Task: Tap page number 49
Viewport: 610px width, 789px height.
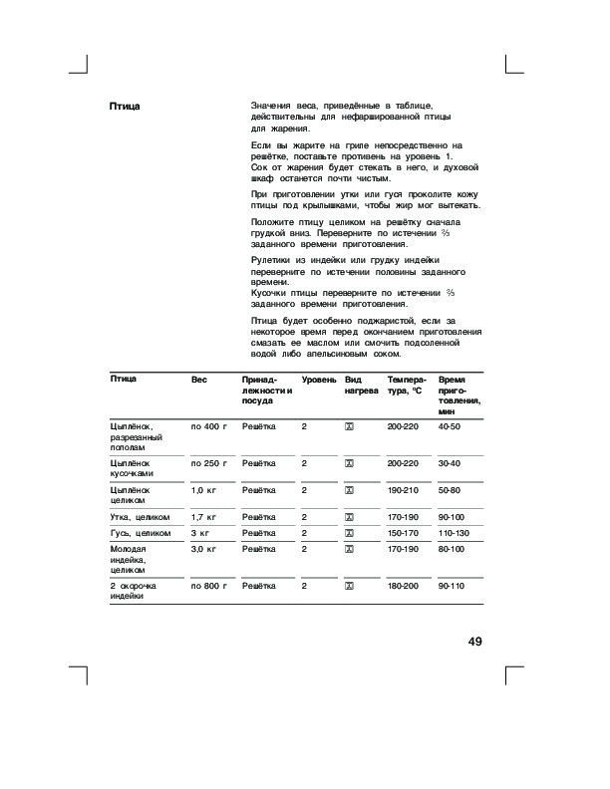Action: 474,641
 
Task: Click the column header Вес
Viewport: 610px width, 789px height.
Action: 200,381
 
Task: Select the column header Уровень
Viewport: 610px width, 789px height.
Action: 319,381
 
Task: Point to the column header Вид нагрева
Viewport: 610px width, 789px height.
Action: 362,387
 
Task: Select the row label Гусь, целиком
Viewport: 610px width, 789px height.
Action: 139,534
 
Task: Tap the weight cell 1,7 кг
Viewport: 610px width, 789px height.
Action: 204,518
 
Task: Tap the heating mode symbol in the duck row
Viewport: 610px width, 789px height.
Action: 350,518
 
